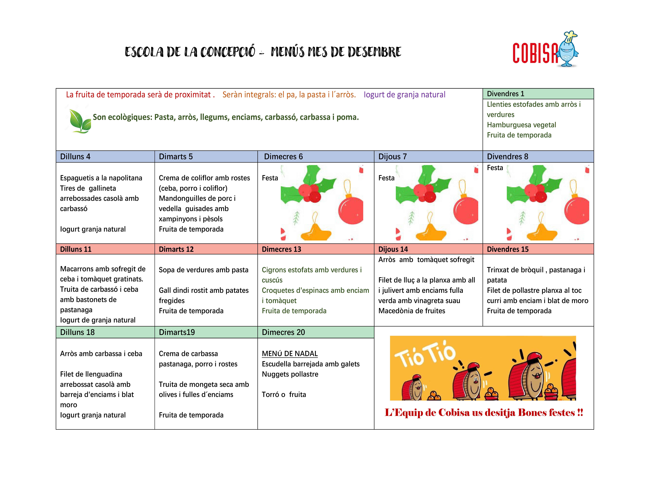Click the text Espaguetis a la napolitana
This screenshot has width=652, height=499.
101,178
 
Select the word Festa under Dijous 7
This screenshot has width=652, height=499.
386,178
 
